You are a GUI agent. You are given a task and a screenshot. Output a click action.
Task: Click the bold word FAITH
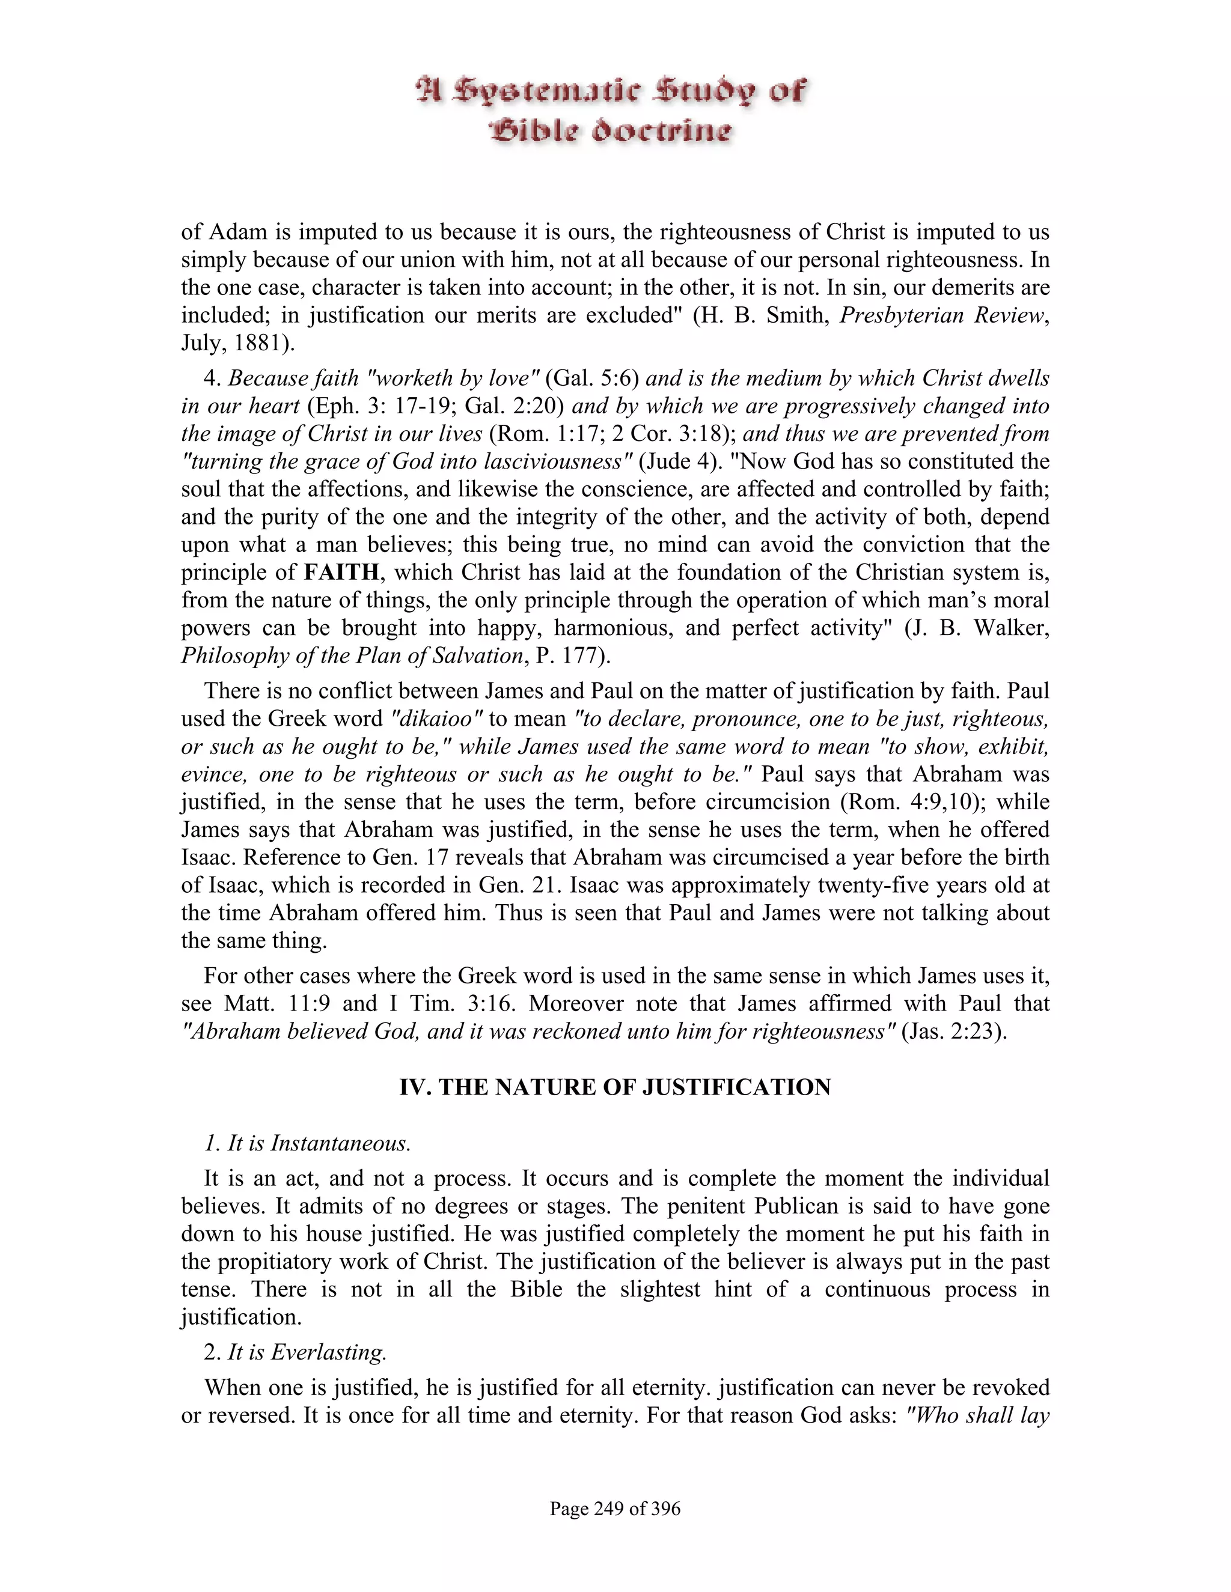(x=341, y=572)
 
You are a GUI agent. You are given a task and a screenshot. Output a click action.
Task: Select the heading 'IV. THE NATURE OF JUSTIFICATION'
(x=615, y=1087)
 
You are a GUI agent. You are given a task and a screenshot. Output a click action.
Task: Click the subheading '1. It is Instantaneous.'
(x=307, y=1143)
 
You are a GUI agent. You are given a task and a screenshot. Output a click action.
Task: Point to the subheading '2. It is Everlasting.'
(x=295, y=1352)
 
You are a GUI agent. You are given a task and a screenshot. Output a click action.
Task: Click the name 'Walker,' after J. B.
(x=1010, y=628)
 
